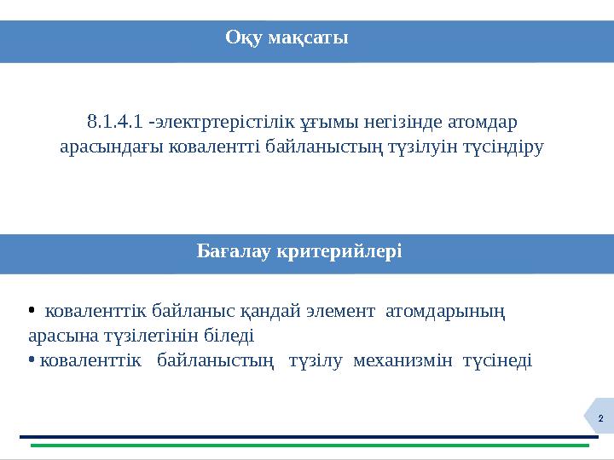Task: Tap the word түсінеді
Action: [x=497, y=360]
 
